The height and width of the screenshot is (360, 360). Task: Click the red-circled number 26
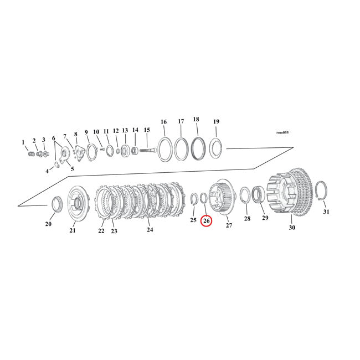(206, 221)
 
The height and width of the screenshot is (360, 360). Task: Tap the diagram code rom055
(282, 133)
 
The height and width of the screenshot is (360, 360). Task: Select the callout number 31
(326, 212)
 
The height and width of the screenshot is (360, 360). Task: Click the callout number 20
(48, 224)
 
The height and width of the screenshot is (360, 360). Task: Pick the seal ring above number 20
(56, 203)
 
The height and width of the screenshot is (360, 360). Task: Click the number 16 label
(163, 122)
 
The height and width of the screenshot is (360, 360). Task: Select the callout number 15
(147, 130)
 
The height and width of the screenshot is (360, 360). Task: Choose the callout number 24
(150, 229)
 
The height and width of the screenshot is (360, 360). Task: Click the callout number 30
(292, 227)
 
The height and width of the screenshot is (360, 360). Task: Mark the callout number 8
(76, 135)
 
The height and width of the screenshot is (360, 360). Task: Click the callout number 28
(247, 219)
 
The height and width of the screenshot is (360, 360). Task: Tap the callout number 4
(47, 171)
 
